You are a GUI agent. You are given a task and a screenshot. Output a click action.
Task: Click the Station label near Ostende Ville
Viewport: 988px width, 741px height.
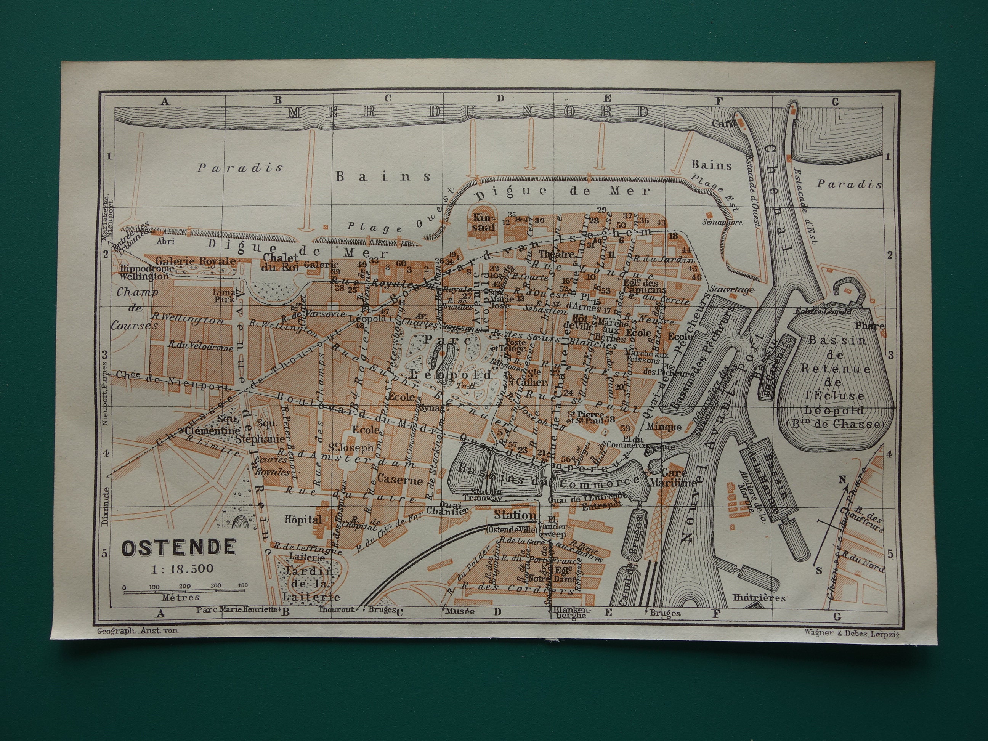[x=515, y=515]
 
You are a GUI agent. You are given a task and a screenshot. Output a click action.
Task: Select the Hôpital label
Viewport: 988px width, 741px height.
[x=304, y=520]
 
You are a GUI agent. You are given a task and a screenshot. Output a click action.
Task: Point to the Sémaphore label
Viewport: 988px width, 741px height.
[x=722, y=222]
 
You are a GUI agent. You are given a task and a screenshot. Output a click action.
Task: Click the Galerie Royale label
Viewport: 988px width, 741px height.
[x=195, y=260]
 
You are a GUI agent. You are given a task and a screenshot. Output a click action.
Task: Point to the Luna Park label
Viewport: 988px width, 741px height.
[x=224, y=295]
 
